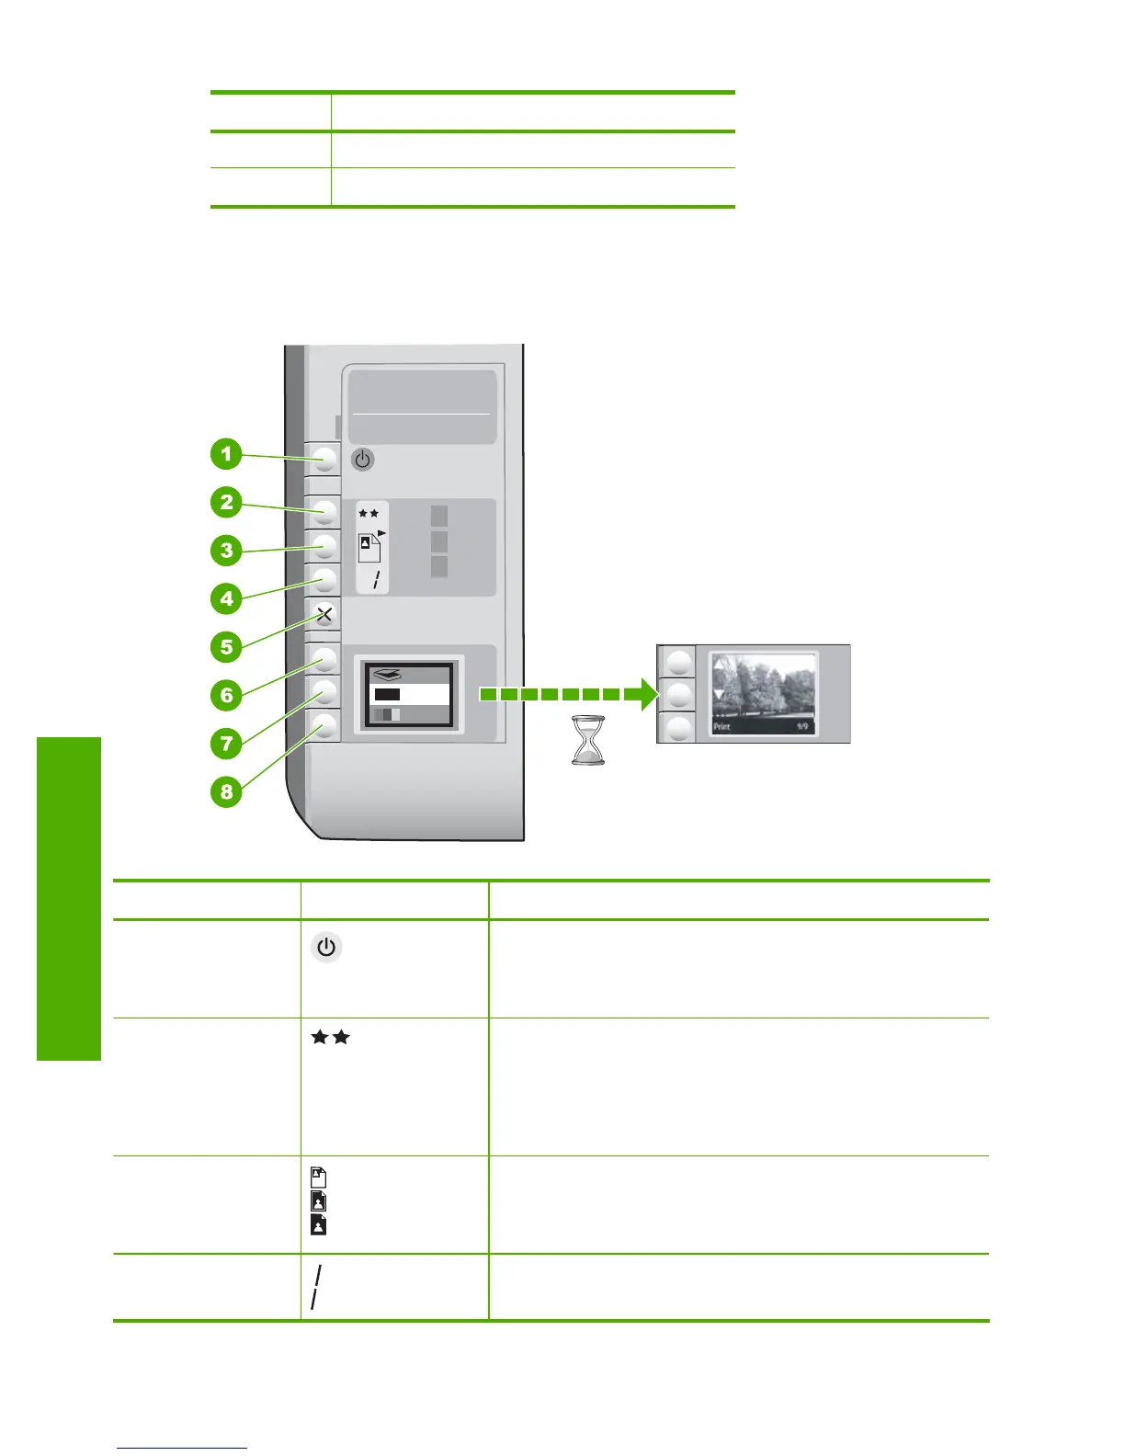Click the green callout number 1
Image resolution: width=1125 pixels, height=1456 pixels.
click(x=226, y=454)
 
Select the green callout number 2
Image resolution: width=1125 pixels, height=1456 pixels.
click(x=226, y=503)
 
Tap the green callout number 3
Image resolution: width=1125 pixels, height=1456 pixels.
click(x=226, y=551)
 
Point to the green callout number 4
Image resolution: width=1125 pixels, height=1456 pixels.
click(x=226, y=599)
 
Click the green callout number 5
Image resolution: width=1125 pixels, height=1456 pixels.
click(x=226, y=647)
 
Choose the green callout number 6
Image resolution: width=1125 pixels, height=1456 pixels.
click(x=226, y=695)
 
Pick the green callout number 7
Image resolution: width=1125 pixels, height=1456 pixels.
click(x=226, y=743)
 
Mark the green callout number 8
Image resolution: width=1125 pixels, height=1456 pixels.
click(x=226, y=791)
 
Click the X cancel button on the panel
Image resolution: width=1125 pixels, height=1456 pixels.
click(x=324, y=614)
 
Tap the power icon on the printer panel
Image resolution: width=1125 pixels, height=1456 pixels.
click(x=363, y=459)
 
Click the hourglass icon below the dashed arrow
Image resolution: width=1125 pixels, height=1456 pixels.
click(x=588, y=740)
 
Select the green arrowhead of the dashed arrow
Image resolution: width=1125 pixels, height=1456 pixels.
click(x=641, y=694)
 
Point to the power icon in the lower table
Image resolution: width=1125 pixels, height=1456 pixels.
click(x=326, y=948)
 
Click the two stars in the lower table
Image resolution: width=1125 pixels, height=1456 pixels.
click(x=330, y=1038)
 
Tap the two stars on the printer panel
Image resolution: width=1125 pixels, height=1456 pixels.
click(x=369, y=514)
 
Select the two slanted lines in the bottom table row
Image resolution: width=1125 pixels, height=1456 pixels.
click(x=316, y=1287)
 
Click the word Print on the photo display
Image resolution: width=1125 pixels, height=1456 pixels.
click(x=722, y=727)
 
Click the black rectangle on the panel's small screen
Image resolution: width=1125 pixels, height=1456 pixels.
click(x=387, y=694)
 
